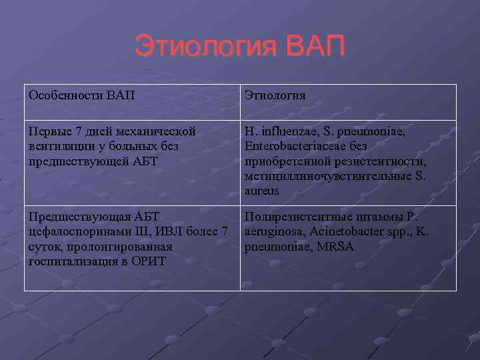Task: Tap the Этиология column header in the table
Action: pos(275,95)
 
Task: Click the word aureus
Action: pos(263,191)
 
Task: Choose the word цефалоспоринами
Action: pos(77,231)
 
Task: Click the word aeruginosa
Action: pos(273,231)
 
